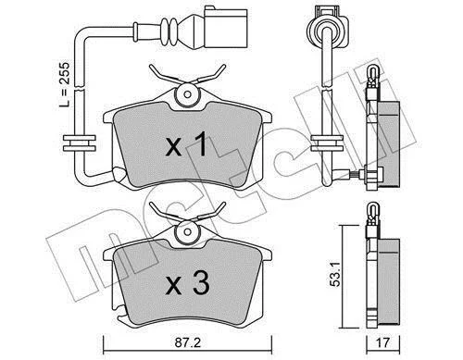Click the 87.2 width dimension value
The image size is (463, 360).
pyautogui.click(x=188, y=342)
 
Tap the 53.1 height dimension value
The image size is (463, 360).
pyautogui.click(x=334, y=274)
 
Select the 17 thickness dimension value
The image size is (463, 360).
pyautogui.click(x=383, y=342)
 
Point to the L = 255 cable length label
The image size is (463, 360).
pyautogui.click(x=65, y=85)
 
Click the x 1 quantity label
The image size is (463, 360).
pyautogui.click(x=186, y=143)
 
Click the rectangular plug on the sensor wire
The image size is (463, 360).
pyautogui.click(x=226, y=29)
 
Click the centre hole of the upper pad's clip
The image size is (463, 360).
pyautogui.click(x=187, y=93)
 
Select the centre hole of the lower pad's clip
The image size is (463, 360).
pyautogui.click(x=187, y=231)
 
